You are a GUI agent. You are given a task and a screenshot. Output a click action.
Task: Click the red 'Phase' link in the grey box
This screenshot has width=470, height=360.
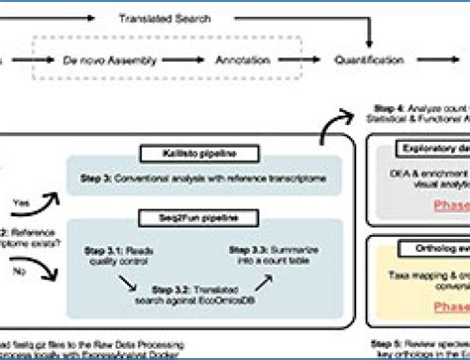click(448, 206)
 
